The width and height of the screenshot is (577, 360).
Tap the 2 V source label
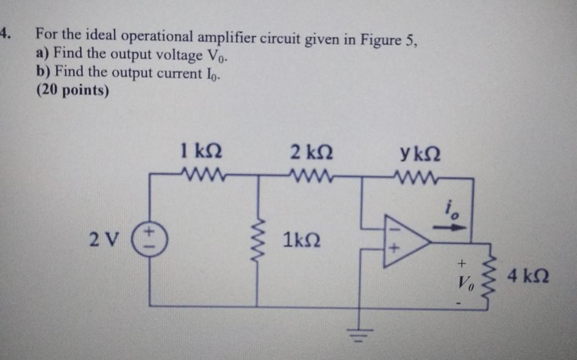click(x=103, y=239)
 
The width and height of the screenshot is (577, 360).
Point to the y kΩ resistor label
click(x=419, y=153)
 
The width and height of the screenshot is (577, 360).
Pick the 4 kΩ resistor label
click(x=528, y=277)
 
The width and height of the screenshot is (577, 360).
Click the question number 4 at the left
click(x=5, y=33)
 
